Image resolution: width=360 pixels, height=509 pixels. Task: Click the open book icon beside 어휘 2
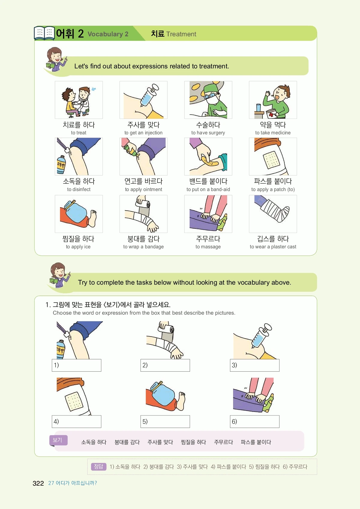click(44, 33)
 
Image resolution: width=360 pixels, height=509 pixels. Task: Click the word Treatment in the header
click(181, 34)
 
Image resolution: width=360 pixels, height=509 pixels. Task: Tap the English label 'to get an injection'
click(143, 133)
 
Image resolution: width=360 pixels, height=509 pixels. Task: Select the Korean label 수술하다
click(208, 125)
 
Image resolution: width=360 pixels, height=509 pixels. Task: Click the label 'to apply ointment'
click(143, 189)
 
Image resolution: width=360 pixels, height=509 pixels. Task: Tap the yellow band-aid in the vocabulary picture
click(208, 161)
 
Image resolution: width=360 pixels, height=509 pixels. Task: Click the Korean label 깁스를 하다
click(273, 238)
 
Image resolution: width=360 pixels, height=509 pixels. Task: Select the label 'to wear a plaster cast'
click(273, 247)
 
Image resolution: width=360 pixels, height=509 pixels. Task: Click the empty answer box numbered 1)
click(76, 365)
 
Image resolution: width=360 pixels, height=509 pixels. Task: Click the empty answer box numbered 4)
click(76, 421)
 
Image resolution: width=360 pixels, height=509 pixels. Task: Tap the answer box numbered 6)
click(255, 421)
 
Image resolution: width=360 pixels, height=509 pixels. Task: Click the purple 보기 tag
click(58, 440)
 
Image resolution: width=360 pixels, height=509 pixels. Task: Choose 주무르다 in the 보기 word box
click(223, 442)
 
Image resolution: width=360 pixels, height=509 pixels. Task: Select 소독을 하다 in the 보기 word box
click(94, 442)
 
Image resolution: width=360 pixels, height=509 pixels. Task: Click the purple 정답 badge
click(99, 466)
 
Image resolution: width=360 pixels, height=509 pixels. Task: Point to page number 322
click(38, 483)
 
